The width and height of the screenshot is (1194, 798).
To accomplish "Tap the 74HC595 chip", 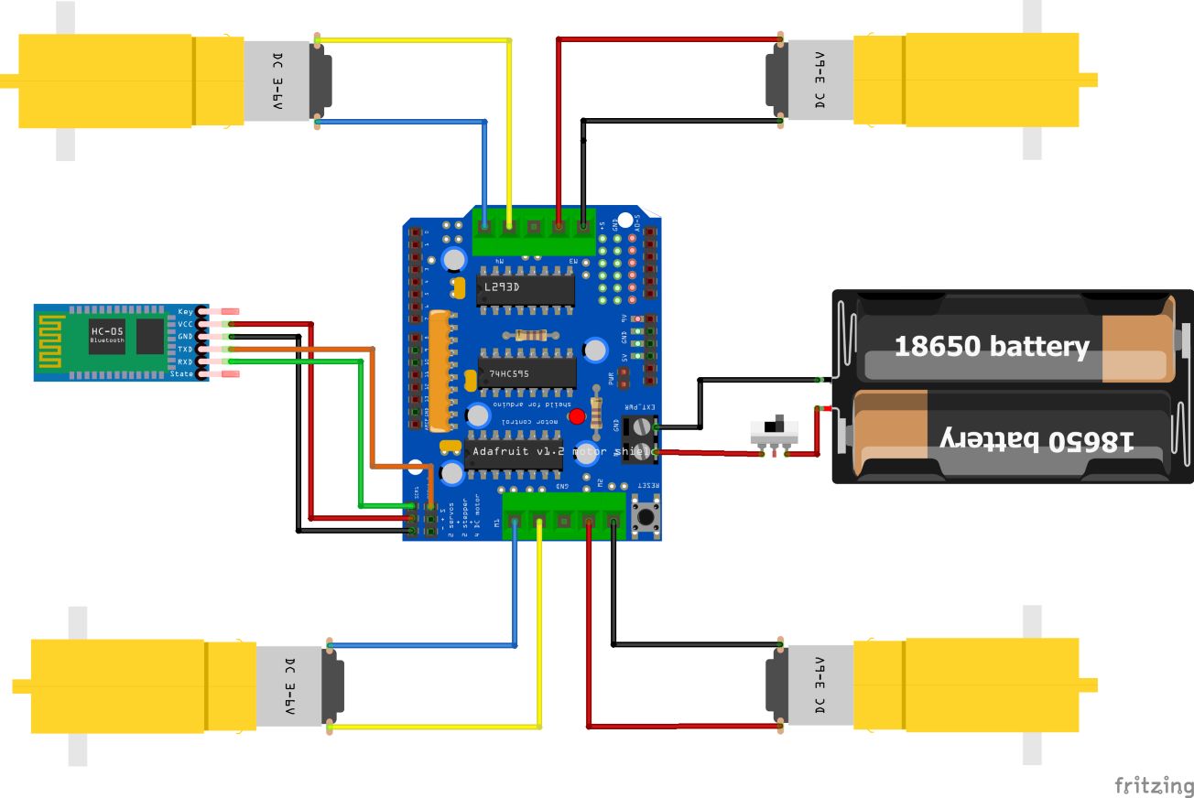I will pyautogui.click(x=509, y=373).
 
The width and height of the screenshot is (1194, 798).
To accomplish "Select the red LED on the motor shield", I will pyautogui.click(x=577, y=417).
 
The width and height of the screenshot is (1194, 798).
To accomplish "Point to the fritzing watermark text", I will pyautogui.click(x=1153, y=785).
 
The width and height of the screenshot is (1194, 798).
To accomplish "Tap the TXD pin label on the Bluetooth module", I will pyautogui.click(x=186, y=350).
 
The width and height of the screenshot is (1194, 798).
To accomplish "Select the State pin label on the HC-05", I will pyautogui.click(x=183, y=374).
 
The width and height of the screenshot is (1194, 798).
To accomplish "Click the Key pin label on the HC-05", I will pyautogui.click(x=186, y=311).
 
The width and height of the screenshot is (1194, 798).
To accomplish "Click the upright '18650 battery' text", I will pyautogui.click(x=991, y=347).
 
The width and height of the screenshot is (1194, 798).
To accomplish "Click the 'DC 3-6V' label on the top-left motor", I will pyautogui.click(x=277, y=81).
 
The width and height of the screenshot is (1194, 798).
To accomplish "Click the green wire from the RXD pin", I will pyautogui.click(x=359, y=430).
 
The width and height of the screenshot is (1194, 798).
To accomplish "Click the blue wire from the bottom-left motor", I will pyautogui.click(x=515, y=595).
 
